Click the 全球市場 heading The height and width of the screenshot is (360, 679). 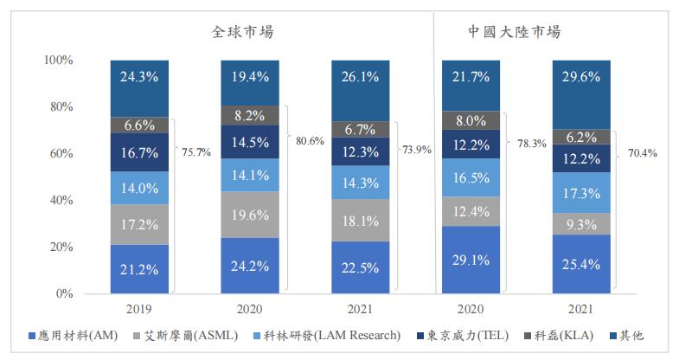click(248, 32)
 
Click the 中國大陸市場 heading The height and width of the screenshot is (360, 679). click(515, 32)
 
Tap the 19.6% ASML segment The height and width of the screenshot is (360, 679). click(251, 215)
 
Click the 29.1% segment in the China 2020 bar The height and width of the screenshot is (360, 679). click(472, 260)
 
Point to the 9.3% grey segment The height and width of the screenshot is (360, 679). click(582, 224)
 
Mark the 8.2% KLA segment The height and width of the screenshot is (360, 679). click(251, 115)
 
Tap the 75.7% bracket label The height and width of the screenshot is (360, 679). click(195, 152)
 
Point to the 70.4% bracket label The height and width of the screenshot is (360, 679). click(642, 153)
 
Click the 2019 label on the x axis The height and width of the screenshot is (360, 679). click(140, 307)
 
